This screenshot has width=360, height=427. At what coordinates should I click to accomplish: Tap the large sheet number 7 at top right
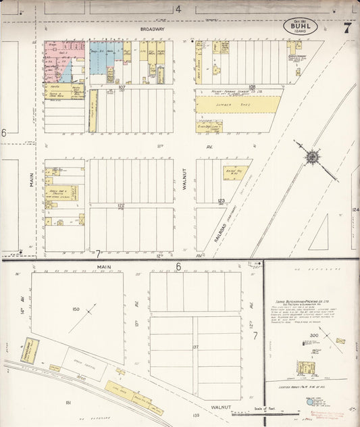click(347, 28)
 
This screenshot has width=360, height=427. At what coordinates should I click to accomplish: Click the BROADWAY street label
click(153, 30)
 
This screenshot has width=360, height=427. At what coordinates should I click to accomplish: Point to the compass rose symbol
click(312, 157)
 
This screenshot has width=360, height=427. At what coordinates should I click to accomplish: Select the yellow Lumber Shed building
click(238, 104)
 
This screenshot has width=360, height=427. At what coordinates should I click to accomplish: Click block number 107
click(122, 87)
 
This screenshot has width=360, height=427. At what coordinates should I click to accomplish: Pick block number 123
click(221, 201)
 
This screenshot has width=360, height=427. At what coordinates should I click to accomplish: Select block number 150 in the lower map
click(76, 309)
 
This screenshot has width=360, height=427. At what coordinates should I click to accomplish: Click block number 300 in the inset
click(313, 335)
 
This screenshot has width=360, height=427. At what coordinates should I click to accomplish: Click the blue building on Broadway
click(103, 51)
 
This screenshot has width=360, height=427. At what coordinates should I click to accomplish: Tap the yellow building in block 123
click(235, 173)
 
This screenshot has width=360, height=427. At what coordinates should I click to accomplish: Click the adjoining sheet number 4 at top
click(178, 9)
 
